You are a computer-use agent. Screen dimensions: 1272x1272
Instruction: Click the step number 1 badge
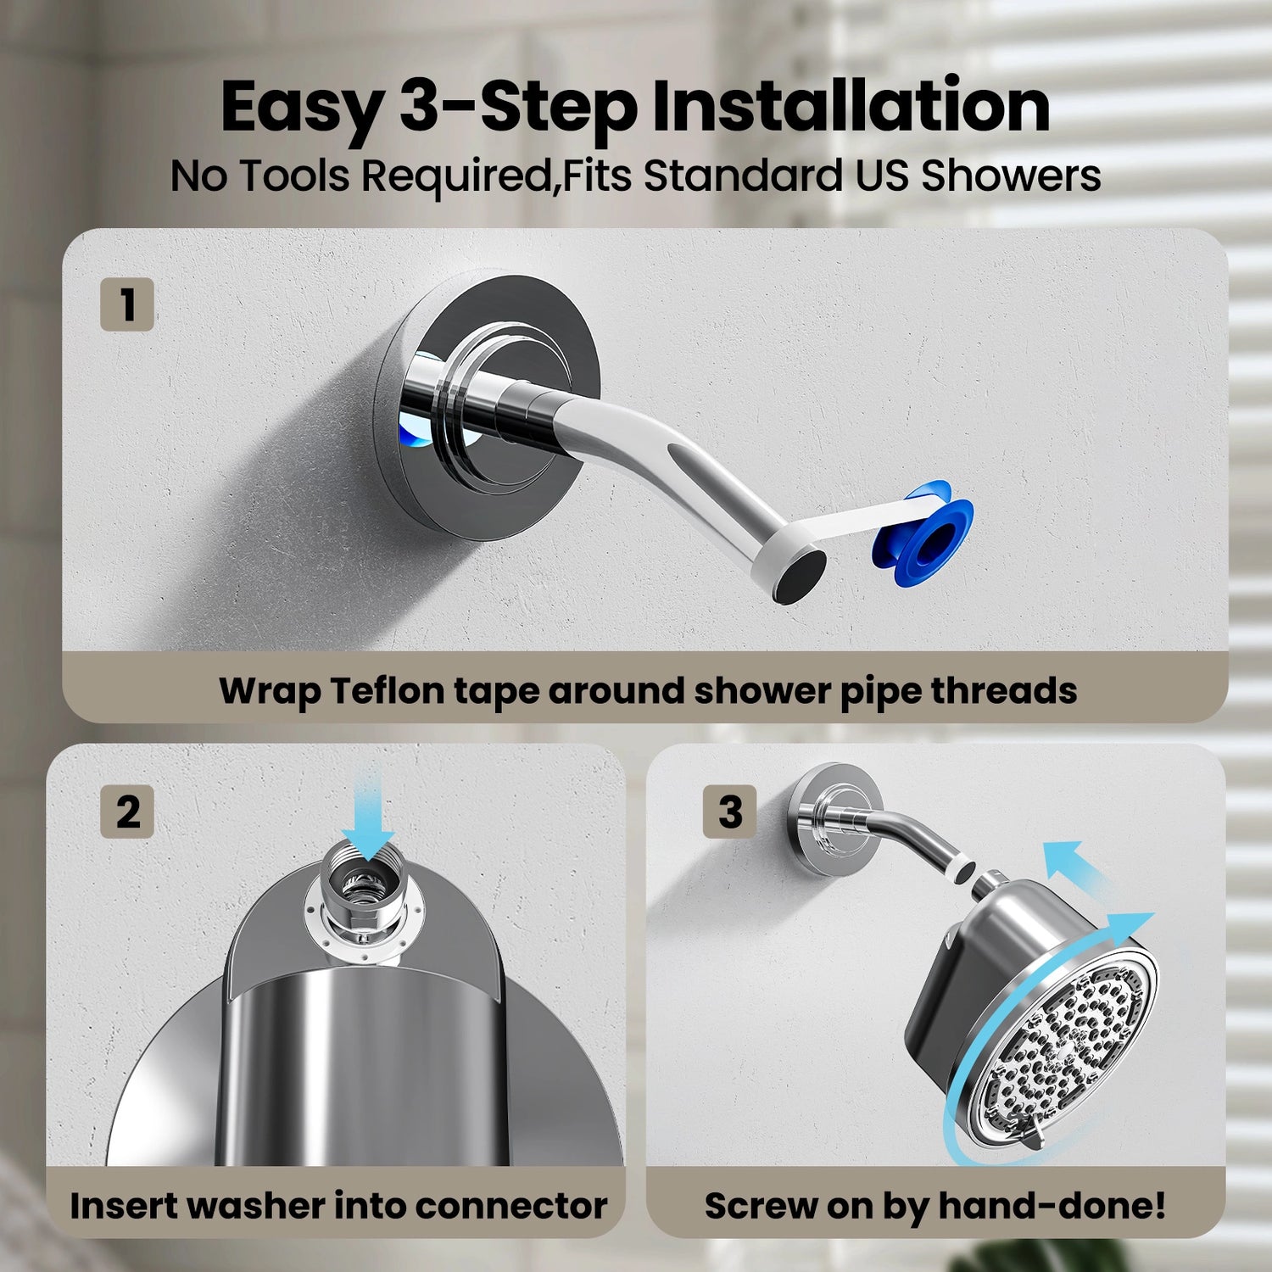tap(127, 304)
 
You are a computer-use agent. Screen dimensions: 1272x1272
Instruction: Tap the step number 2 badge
tap(127, 812)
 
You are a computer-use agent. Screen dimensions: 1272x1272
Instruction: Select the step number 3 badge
tap(730, 812)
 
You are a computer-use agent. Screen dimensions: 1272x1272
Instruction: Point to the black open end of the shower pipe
tap(800, 575)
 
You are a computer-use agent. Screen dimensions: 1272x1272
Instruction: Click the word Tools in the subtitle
tap(294, 176)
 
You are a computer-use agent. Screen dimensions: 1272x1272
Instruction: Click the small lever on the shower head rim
tap(1032, 1135)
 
